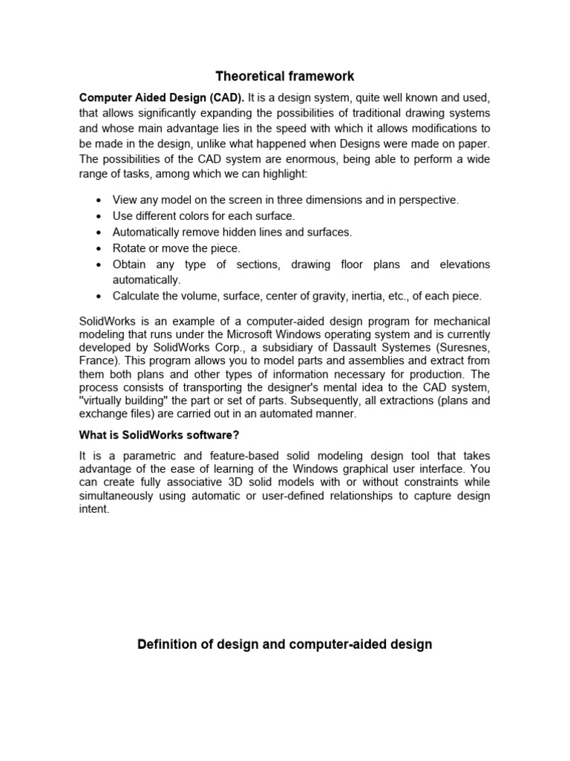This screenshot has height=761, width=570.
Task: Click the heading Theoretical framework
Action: coord(285,76)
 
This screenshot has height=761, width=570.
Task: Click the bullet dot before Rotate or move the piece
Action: coord(99,248)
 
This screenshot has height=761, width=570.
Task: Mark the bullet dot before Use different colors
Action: coord(99,216)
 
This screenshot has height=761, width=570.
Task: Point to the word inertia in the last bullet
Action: coord(351,297)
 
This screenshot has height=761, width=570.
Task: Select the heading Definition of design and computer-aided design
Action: coord(285,644)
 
